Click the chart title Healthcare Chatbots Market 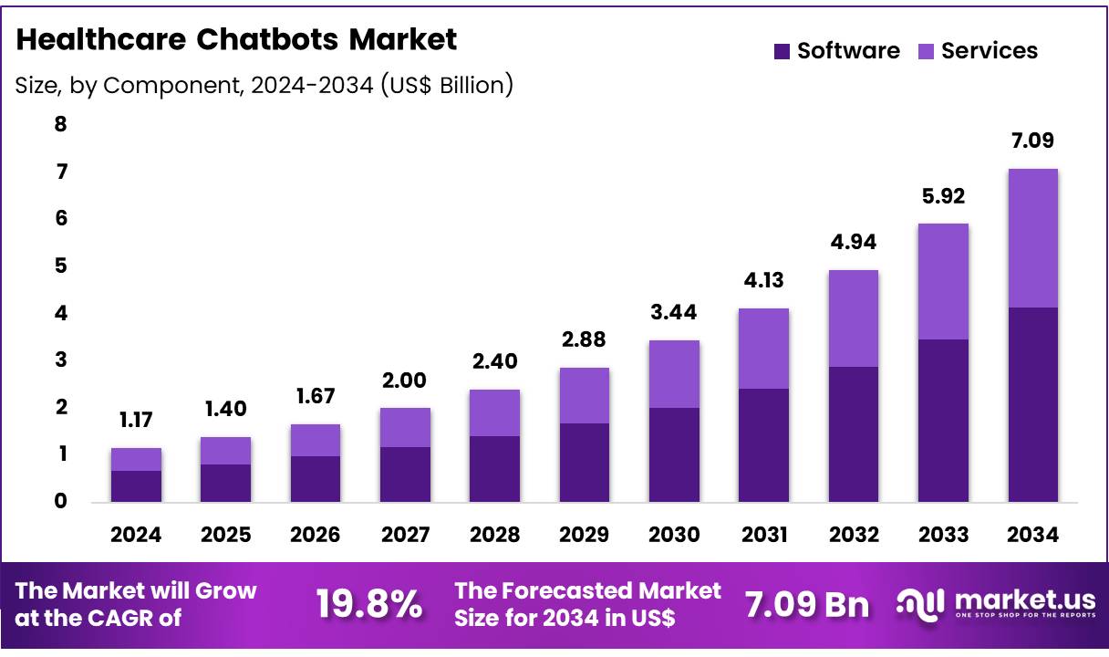pos(236,40)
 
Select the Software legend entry pos(836,51)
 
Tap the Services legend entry pos(978,51)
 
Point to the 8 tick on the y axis pos(61,124)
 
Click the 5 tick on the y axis pos(61,266)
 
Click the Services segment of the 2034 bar pos(1032,238)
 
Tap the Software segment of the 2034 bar pos(1032,404)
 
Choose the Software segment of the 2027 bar pos(405,474)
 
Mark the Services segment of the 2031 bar pos(763,349)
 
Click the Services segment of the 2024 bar pos(136,459)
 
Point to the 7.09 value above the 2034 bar pos(1032,141)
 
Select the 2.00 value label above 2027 pos(405,381)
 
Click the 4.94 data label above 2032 pos(853,243)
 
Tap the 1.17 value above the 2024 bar pos(136,421)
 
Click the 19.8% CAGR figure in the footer pos(369,604)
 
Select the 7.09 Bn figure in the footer pos(806,604)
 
